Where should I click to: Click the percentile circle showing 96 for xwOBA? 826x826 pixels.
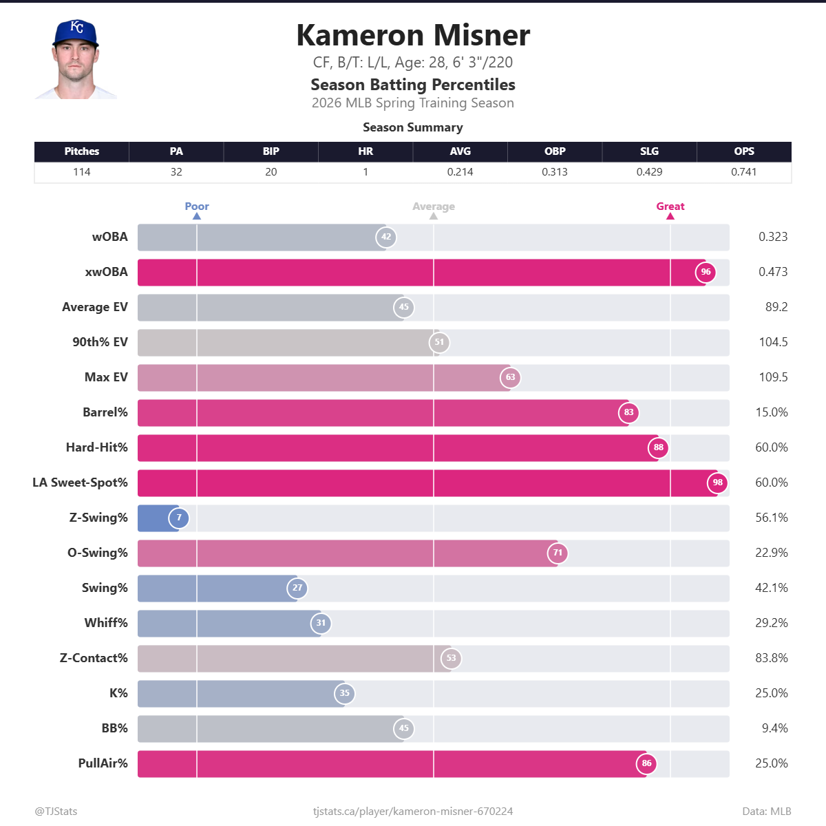[706, 272]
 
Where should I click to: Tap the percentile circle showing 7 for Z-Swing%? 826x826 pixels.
[179, 518]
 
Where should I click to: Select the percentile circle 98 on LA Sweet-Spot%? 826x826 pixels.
[717, 483]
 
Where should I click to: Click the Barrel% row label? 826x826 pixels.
[105, 412]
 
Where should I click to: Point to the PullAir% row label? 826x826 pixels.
[103, 763]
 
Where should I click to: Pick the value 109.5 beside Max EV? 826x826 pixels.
[773, 377]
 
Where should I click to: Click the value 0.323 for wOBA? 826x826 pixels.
[773, 237]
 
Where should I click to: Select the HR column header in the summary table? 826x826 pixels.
[366, 151]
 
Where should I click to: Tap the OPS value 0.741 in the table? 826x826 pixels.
[743, 172]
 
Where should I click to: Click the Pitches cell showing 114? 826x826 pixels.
[82, 172]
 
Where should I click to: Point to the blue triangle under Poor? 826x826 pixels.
[197, 216]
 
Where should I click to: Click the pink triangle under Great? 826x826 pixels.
[670, 216]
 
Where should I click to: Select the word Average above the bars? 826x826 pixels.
[434, 206]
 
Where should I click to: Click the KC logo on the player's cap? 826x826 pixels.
[77, 28]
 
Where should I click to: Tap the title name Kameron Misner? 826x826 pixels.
[413, 35]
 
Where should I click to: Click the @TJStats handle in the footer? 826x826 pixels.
[56, 812]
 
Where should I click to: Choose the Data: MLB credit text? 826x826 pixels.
[766, 812]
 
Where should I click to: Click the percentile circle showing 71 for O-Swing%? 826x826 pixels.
[558, 553]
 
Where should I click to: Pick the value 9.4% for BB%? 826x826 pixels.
[774, 728]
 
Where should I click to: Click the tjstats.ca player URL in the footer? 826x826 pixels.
[413, 812]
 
